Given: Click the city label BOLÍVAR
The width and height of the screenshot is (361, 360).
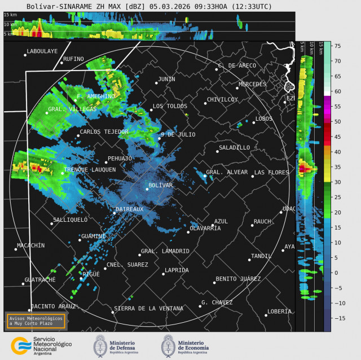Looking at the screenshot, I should click(x=161, y=185).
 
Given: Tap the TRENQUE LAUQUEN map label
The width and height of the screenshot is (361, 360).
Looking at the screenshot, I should click(x=90, y=169).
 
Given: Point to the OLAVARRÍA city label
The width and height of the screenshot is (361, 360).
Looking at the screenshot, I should click(x=205, y=228).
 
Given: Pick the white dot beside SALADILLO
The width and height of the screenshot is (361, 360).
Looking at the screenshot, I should click(x=217, y=151).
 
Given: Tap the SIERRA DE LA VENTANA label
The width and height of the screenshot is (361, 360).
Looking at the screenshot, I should click(x=148, y=308).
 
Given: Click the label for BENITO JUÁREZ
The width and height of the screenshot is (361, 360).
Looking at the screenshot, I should click(x=238, y=279).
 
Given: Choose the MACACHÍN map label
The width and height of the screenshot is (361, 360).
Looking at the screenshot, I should click(x=30, y=245).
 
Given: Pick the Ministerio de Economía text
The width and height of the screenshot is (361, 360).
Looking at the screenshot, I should click(x=193, y=345).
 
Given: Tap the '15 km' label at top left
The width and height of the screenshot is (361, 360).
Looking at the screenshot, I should click(x=10, y=15).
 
